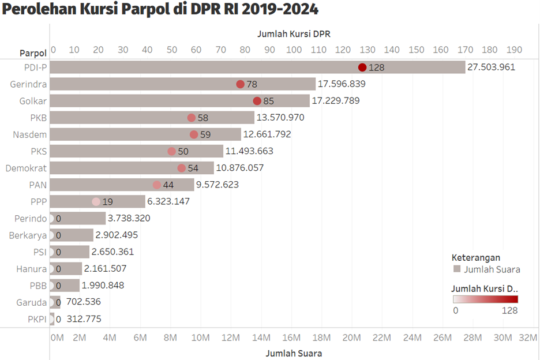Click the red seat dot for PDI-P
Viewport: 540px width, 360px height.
[362, 67]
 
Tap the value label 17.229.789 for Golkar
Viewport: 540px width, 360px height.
[336, 101]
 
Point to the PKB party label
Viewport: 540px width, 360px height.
[39, 118]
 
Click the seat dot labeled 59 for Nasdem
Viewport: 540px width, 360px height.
[194, 134]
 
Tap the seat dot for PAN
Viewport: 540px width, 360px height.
[157, 185]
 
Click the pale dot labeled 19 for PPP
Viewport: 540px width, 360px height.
[96, 202]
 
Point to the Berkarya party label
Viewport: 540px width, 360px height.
[28, 235]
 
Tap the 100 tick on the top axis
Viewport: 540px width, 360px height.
[294, 50]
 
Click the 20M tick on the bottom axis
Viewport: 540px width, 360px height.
[351, 337]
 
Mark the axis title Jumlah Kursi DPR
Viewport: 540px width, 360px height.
[294, 34]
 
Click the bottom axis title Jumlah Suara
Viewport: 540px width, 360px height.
[294, 352]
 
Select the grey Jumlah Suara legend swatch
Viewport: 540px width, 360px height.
[457, 269]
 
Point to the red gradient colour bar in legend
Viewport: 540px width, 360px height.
[485, 299]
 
